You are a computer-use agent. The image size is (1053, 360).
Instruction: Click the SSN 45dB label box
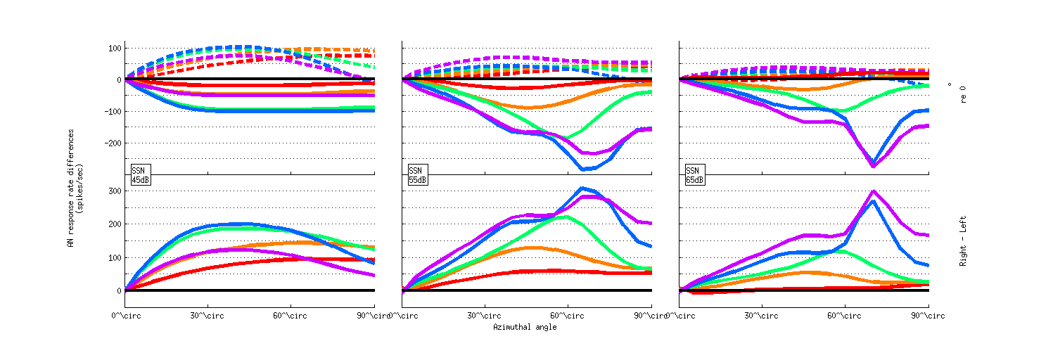pyautogui.click(x=141, y=175)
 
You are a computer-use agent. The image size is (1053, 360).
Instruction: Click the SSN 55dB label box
pyautogui.click(x=418, y=175)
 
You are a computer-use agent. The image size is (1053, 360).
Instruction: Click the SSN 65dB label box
pyautogui.click(x=694, y=175)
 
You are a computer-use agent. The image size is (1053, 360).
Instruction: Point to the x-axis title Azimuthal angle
pyautogui.click(x=525, y=327)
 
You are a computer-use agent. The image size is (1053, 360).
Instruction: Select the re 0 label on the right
pyautogui.click(x=961, y=92)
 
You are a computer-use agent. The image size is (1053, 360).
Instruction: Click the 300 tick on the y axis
pyautogui.click(x=112, y=191)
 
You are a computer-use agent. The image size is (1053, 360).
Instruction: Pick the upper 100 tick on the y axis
pyautogui.click(x=112, y=49)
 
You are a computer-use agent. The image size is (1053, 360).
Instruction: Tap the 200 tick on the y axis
pyautogui.click(x=112, y=224)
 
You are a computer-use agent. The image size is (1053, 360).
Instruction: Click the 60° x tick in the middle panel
pyautogui.click(x=559, y=316)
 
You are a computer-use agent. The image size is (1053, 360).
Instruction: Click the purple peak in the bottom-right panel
pyautogui.click(x=873, y=191)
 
